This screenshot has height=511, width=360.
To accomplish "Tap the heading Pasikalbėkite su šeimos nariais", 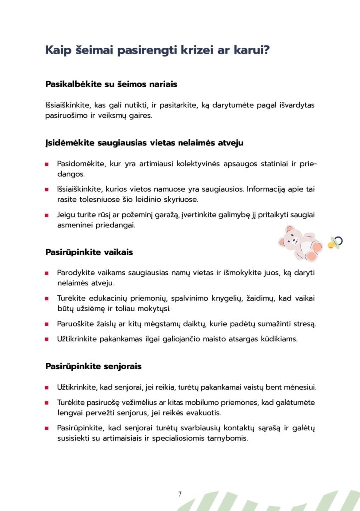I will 111,84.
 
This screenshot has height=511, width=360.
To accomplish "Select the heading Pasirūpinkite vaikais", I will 89,252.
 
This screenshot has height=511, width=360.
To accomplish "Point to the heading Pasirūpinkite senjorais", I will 93,366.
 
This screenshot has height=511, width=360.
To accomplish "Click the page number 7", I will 180,494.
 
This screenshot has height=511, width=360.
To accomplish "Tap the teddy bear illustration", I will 299,244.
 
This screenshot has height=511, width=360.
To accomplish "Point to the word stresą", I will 303,324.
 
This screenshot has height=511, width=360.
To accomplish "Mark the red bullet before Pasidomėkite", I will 46,164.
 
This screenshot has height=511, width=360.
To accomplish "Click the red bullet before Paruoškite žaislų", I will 46,324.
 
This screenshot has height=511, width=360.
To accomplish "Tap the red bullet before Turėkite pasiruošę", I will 46,402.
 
